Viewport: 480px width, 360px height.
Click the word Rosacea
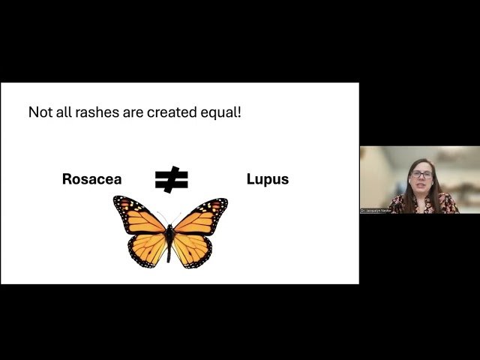pos(91,179)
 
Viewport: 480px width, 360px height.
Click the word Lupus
pos(267,179)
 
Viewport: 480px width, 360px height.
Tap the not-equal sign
pos(171,179)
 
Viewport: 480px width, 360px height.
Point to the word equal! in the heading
pos(223,113)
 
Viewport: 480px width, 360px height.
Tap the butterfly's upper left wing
pos(139,215)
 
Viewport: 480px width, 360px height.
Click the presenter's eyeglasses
pos(421,174)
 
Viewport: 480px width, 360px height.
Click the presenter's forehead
pos(421,165)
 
